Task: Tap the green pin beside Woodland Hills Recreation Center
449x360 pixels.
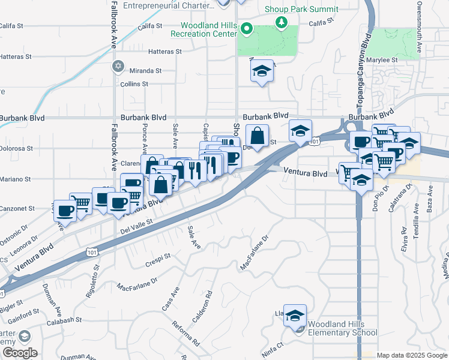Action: [x=246, y=29]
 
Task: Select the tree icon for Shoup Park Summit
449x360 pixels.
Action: [x=280, y=22]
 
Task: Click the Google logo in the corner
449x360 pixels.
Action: [x=19, y=353]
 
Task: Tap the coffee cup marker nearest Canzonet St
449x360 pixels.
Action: [x=65, y=211]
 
